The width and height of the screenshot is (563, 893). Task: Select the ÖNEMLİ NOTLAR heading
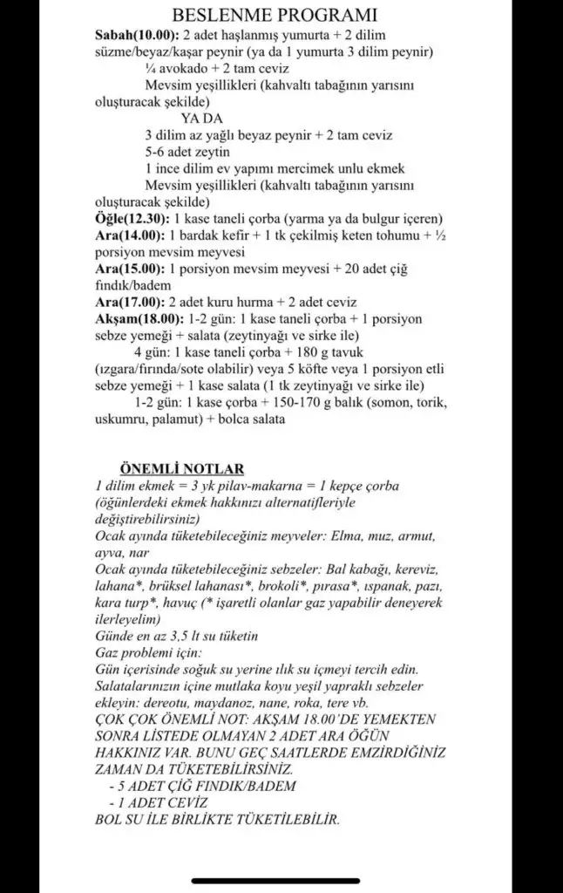[x=181, y=469]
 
